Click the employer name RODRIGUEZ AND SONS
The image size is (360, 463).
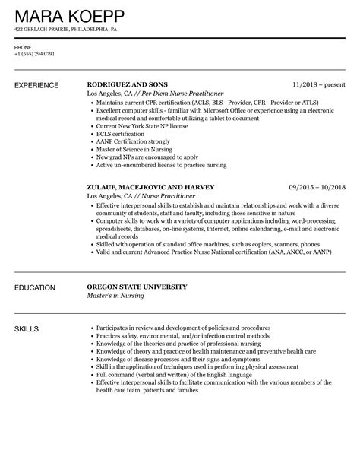[128, 84]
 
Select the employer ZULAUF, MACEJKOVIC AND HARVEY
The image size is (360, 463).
[150, 186]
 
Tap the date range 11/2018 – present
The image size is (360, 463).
[319, 84]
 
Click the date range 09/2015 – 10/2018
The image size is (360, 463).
[317, 186]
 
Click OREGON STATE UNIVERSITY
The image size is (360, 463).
[137, 287]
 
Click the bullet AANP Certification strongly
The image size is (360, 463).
[132, 141]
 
